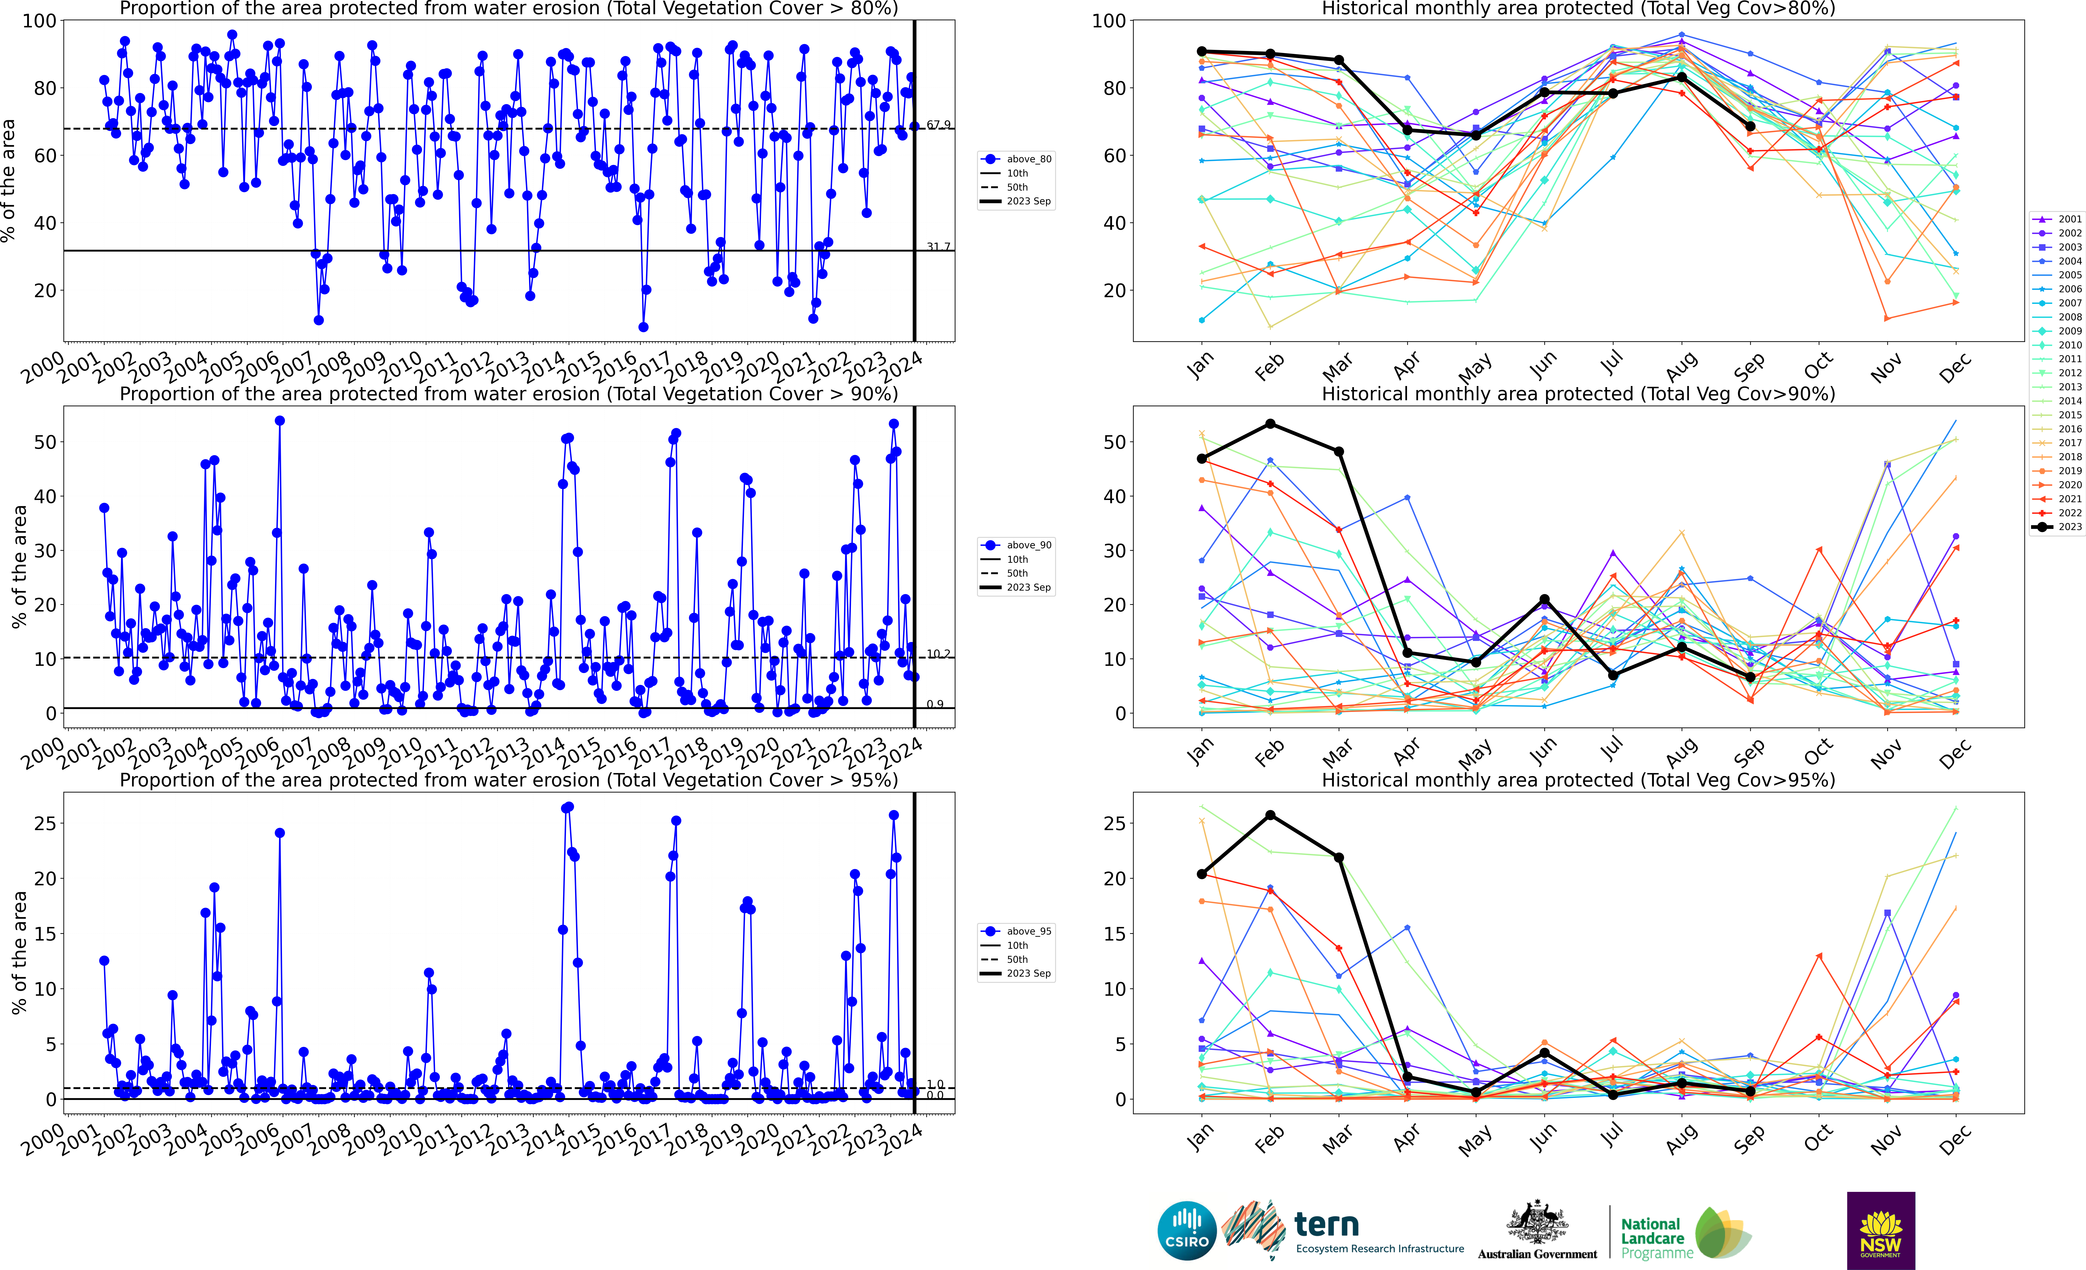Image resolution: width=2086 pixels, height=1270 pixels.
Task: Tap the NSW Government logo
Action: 1880,1230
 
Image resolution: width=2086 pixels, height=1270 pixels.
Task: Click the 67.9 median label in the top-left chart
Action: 938,125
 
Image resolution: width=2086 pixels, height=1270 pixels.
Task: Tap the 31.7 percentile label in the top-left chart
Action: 938,247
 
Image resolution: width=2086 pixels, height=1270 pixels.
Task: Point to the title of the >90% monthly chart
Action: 1578,394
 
